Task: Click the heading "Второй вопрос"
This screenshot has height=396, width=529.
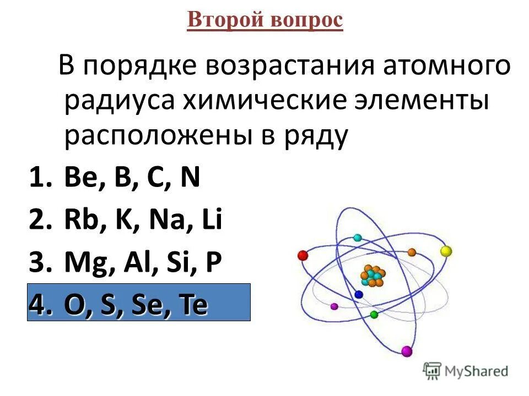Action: coord(264,20)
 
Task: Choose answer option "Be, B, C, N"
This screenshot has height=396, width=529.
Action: coord(132,180)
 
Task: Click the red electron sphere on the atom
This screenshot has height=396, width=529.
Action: coord(302,255)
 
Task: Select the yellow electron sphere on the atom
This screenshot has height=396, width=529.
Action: coord(446,251)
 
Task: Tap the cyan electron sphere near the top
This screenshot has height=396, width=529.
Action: coord(358,238)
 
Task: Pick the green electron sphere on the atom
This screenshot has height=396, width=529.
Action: coord(374,315)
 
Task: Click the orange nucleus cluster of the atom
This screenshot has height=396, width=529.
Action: coord(373,275)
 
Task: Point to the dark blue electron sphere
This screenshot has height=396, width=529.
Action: coord(359,295)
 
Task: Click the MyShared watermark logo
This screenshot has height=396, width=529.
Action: coord(466,371)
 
